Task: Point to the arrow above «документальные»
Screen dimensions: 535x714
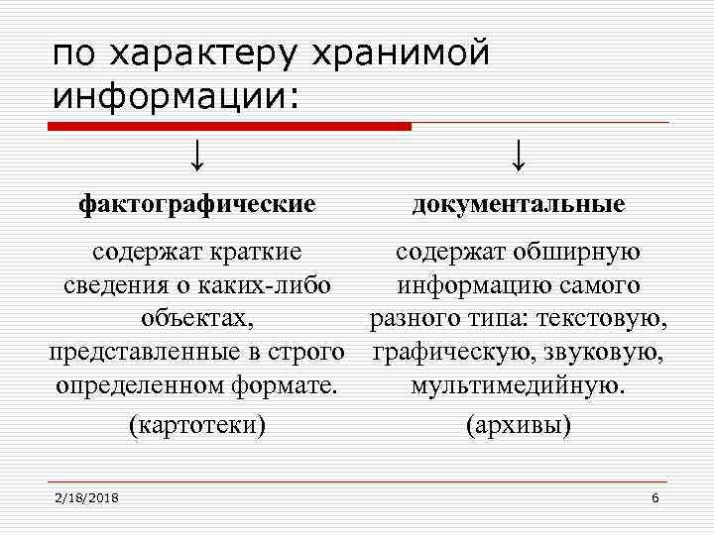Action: pyautogui.click(x=519, y=155)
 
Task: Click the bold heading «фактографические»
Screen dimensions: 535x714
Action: pyautogui.click(x=197, y=204)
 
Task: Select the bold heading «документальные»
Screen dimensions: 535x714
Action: pyautogui.click(x=519, y=204)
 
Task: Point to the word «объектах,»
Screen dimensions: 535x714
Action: pyautogui.click(x=196, y=320)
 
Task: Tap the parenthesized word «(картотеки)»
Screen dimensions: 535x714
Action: pyautogui.click(x=197, y=425)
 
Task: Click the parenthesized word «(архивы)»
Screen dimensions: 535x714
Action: pyautogui.click(x=519, y=425)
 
